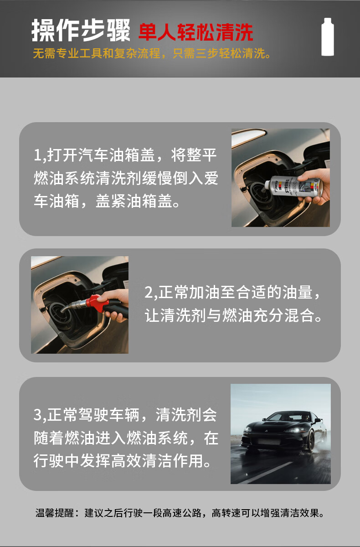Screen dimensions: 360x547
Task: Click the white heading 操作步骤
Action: [81, 30]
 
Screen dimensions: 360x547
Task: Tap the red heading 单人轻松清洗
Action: [196, 32]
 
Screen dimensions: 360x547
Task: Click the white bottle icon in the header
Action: [328, 36]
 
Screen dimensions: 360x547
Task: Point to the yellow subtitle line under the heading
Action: [152, 53]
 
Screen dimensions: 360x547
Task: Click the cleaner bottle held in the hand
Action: [293, 187]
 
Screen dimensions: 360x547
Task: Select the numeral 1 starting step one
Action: [37, 155]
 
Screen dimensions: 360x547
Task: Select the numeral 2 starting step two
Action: [149, 292]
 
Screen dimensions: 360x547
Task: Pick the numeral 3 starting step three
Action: [38, 414]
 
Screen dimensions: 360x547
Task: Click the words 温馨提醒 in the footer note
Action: [55, 513]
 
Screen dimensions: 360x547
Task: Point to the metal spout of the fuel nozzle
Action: [73, 306]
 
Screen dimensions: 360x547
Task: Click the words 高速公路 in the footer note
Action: [182, 513]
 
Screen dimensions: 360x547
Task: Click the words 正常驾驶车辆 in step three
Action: [93, 415]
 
